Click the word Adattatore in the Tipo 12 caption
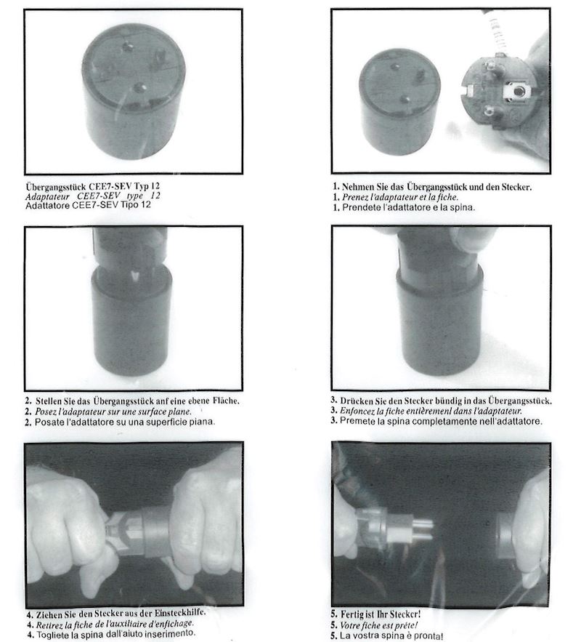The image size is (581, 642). pyautogui.click(x=47, y=205)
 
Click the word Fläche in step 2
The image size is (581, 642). pyautogui.click(x=226, y=401)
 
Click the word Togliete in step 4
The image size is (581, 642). pyautogui.click(x=52, y=635)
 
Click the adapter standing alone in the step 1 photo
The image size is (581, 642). pyautogui.click(x=399, y=102)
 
